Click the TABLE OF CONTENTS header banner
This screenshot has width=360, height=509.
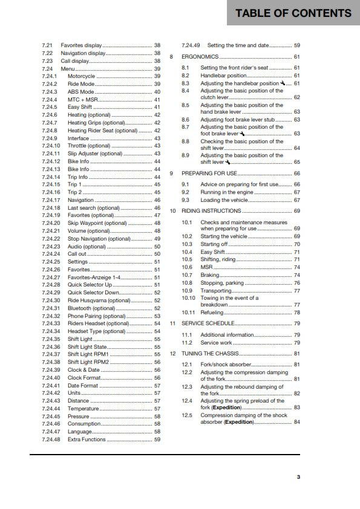coord(293,13)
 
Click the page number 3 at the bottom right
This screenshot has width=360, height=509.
coord(298,478)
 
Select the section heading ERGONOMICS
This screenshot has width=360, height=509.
coord(199,57)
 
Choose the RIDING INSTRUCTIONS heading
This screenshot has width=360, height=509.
coord(212,211)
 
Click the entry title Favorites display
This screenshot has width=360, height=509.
coord(81,45)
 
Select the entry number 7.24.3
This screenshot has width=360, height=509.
coord(50,92)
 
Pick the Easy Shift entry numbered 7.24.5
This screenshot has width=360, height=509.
coord(80,107)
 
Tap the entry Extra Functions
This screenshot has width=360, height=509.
coord(87,439)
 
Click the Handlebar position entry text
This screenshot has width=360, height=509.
coord(223,76)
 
